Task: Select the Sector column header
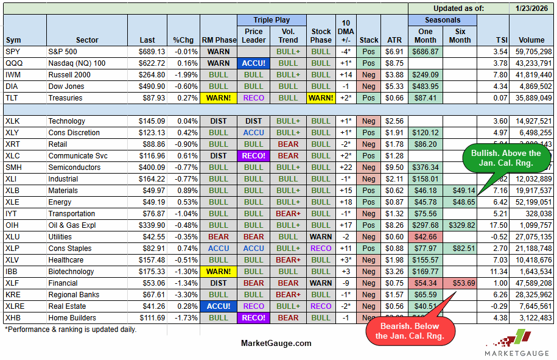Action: [87, 40]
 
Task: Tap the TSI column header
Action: [493, 40]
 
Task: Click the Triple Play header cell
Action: [271, 19]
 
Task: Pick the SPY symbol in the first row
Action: [13, 52]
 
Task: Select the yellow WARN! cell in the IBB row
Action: [218, 272]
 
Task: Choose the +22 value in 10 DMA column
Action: [345, 168]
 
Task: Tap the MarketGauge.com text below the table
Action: [276, 343]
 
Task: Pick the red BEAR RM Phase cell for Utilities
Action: [218, 237]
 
